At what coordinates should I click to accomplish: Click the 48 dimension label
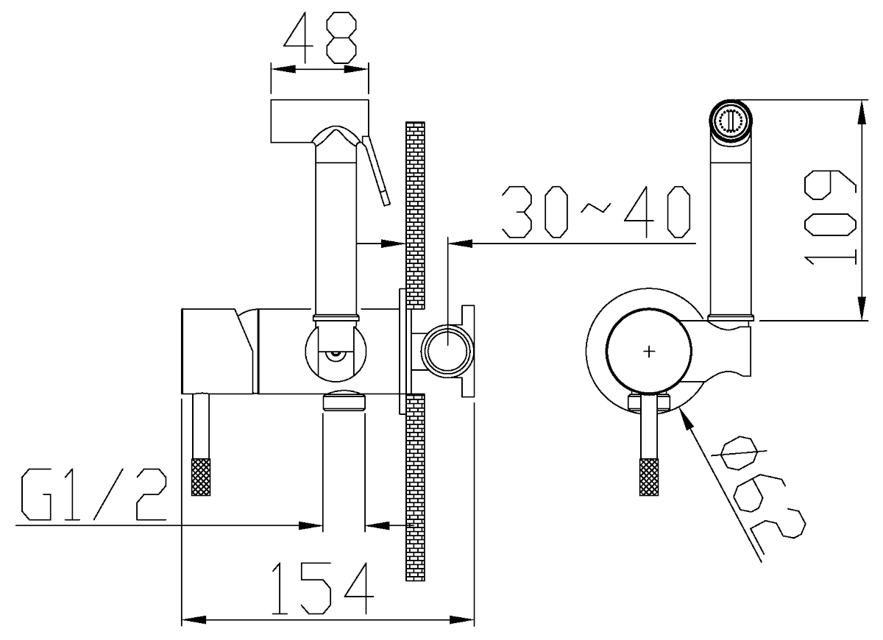[319, 38]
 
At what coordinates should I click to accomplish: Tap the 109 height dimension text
[830, 218]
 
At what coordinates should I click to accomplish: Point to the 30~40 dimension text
[596, 212]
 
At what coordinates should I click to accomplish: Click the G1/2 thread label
[94, 494]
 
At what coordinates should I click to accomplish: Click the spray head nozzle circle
[731, 119]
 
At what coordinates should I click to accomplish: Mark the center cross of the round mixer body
[649, 351]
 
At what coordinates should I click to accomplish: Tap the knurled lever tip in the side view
[201, 477]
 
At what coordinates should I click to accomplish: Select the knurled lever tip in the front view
[649, 477]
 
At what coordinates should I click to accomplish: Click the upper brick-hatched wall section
[415, 215]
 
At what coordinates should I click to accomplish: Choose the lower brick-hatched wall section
[415, 488]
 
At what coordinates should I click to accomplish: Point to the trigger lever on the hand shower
[376, 170]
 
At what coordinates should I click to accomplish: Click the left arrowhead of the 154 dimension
[194, 620]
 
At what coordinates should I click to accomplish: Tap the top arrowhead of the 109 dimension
[862, 113]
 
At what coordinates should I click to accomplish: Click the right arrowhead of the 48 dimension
[356, 69]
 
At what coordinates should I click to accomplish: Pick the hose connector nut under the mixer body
[344, 400]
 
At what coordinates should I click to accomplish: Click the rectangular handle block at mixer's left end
[217, 351]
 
